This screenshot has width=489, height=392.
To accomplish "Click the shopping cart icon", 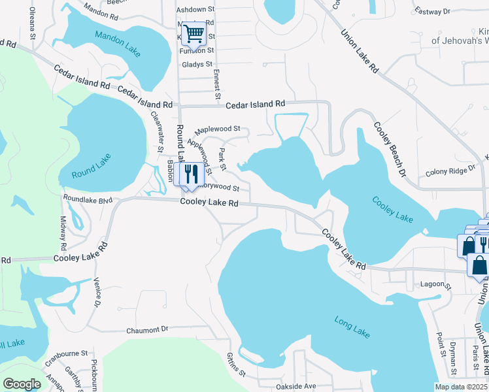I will pos(194,33).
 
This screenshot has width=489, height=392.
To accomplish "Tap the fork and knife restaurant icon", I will pos(190,174).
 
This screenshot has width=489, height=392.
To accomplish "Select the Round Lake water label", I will pos(92,166).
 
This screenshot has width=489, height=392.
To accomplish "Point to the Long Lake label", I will pos(352,327).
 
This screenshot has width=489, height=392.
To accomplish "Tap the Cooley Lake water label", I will pos(392,210).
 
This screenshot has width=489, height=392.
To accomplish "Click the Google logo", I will pos(22,384).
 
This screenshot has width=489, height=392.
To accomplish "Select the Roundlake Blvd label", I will pos(88,199).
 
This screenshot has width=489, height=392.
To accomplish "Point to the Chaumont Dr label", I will pos(147,329).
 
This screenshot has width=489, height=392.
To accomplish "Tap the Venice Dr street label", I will pos(98,293).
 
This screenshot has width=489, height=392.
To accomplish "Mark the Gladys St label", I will pos(197,64).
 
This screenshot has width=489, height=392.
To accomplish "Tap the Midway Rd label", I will pos(63,233).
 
